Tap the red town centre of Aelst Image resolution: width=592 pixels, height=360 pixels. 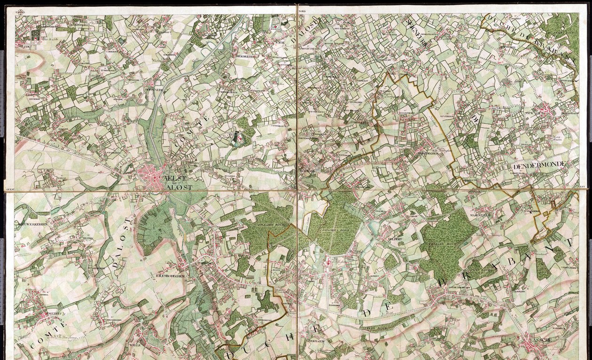152,176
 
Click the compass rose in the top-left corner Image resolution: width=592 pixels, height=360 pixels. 21,12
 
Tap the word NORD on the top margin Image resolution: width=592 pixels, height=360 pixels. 302,10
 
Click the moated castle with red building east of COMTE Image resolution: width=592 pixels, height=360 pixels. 237,137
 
